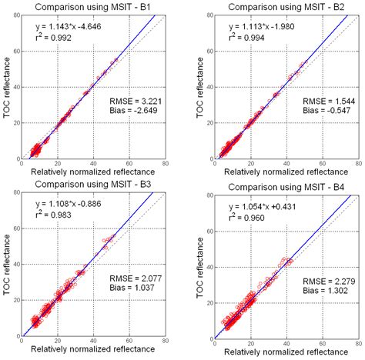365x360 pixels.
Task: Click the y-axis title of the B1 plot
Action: tap(8, 88)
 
